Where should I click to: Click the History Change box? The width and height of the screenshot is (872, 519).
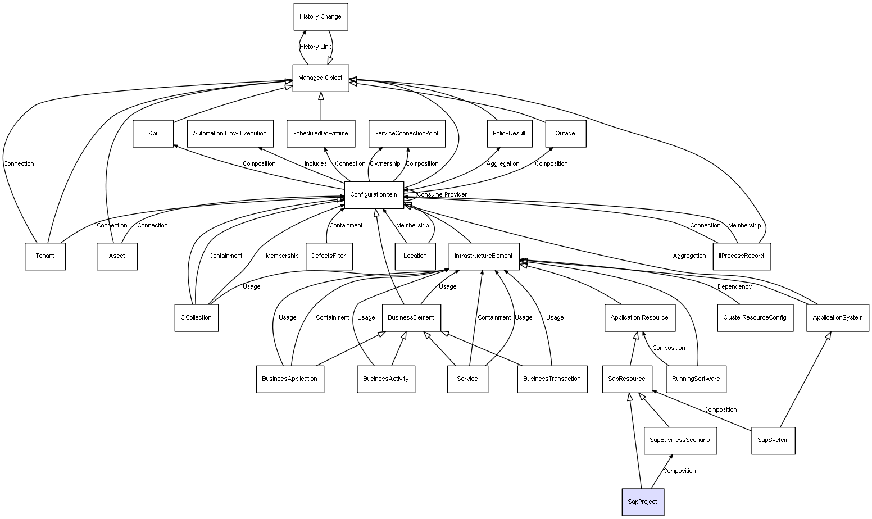pyautogui.click(x=320, y=17)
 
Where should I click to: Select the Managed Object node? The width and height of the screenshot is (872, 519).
pyautogui.click(x=320, y=78)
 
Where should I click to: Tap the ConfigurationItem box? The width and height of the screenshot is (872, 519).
pyautogui.click(x=374, y=195)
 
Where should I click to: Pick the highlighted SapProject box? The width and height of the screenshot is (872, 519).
pyautogui.click(x=642, y=502)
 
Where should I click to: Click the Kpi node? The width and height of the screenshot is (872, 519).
pyautogui.click(x=153, y=134)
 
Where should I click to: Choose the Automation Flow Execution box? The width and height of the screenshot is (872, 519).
pyautogui.click(x=230, y=134)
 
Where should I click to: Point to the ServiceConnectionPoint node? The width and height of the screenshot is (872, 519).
pyautogui.click(x=407, y=134)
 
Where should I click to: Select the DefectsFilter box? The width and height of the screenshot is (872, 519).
pyautogui.click(x=329, y=256)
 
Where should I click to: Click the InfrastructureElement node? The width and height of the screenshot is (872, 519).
pyautogui.click(x=484, y=256)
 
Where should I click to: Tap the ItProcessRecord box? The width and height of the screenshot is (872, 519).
pyautogui.click(x=742, y=256)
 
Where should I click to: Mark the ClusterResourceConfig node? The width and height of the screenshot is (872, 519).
pyautogui.click(x=755, y=318)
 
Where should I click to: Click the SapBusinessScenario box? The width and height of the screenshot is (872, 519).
pyautogui.click(x=680, y=440)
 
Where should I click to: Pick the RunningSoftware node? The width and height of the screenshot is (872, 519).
pyautogui.click(x=696, y=379)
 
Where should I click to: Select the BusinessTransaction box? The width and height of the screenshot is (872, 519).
pyautogui.click(x=552, y=379)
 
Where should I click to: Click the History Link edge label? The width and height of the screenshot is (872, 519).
pyautogui.click(x=315, y=47)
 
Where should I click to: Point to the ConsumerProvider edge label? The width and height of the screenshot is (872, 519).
pyautogui.click(x=442, y=195)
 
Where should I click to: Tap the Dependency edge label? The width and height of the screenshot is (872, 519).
pyautogui.click(x=734, y=287)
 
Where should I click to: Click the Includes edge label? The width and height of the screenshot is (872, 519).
pyautogui.click(x=316, y=164)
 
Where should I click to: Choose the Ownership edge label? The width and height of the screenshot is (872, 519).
pyautogui.click(x=385, y=164)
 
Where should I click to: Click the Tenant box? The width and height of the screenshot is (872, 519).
pyautogui.click(x=45, y=256)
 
